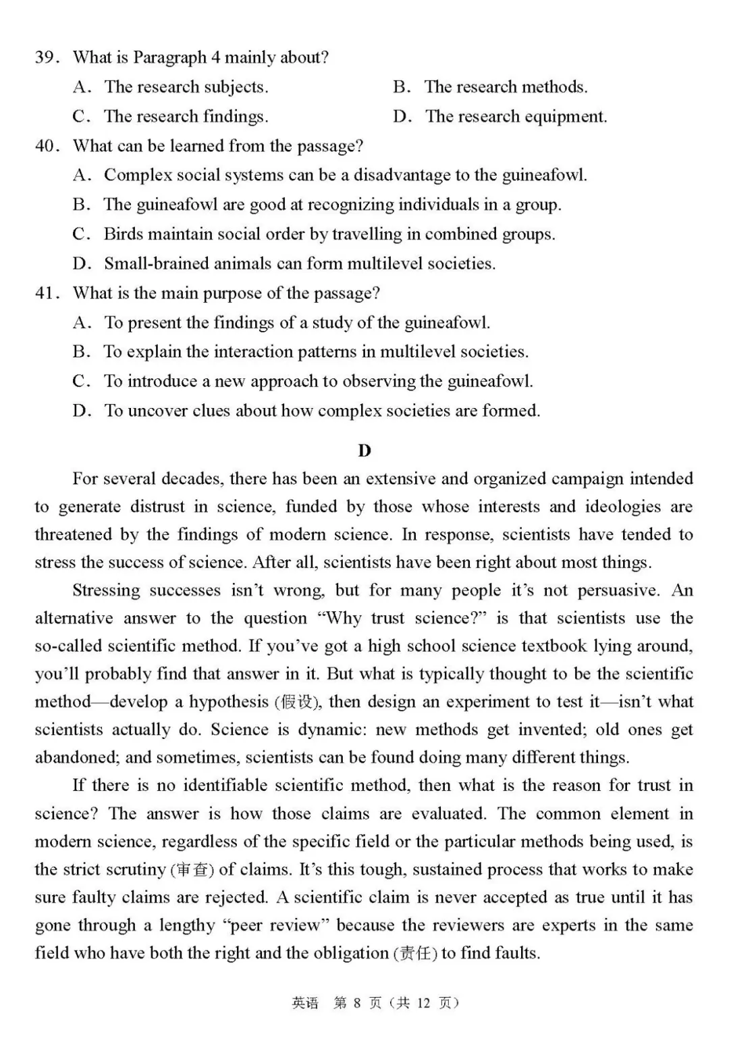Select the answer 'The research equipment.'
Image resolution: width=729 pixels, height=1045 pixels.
(516, 116)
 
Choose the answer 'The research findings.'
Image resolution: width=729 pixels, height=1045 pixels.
(186, 116)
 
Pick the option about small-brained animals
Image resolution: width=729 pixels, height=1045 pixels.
(299, 263)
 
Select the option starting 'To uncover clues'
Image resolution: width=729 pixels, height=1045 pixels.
(322, 411)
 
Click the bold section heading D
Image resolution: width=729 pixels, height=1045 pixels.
(364, 451)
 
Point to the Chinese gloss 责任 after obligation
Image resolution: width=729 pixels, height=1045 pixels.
(415, 953)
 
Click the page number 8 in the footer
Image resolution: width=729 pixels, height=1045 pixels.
(357, 1003)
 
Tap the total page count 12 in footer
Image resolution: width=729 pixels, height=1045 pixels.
(423, 1003)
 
